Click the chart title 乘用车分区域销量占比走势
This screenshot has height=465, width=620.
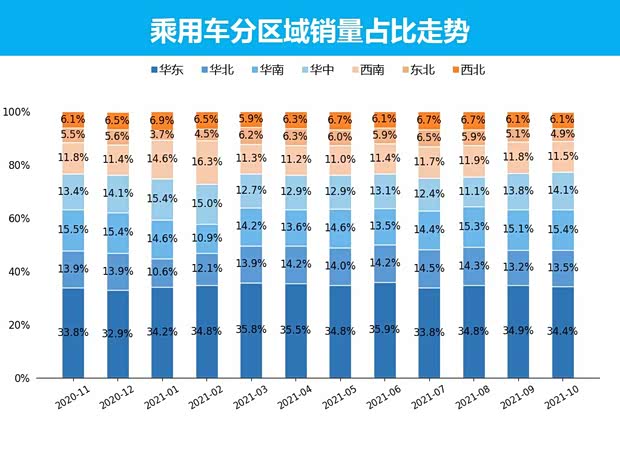tap(309, 27)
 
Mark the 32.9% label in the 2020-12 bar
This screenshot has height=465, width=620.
tap(117, 333)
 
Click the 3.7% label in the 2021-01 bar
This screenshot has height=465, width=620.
tap(162, 134)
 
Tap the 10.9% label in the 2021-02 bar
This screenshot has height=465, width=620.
tap(206, 239)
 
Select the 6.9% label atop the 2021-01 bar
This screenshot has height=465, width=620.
tap(162, 119)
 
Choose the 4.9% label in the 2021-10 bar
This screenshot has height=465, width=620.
tap(563, 134)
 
